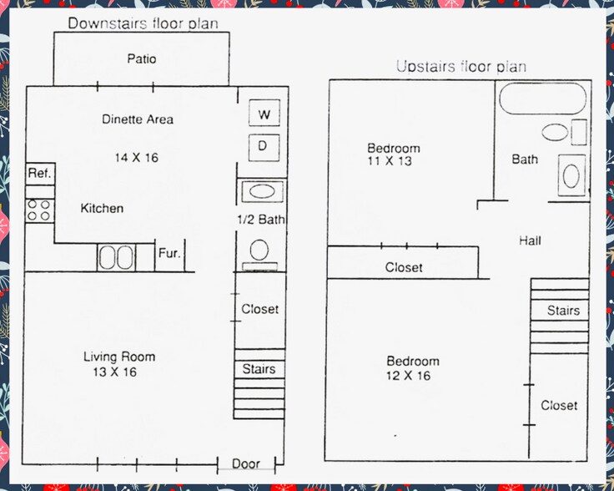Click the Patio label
point(141,59)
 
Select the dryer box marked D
point(263,147)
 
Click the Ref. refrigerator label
point(39,174)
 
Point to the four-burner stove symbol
point(38,210)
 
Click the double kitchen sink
point(117,256)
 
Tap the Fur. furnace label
point(169,253)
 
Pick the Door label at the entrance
point(246,463)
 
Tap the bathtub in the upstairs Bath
point(541,102)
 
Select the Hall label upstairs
point(530,241)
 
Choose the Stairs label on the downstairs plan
point(258,369)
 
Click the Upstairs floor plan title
point(460,67)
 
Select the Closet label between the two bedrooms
point(404,268)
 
